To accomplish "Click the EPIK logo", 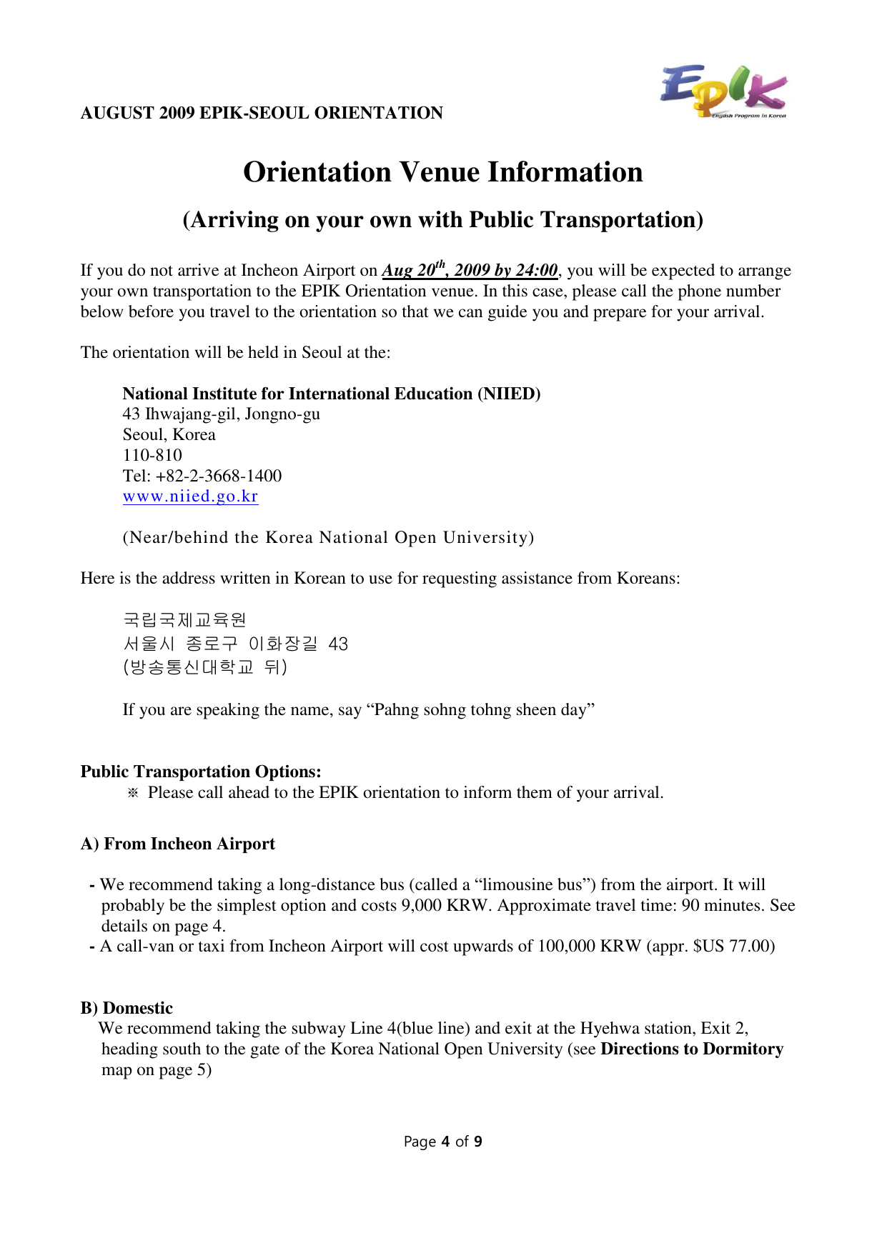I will tap(723, 91).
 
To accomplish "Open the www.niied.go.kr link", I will tap(190, 496).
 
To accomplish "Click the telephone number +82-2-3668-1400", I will tap(219, 476).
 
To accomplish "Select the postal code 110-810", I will tap(152, 455).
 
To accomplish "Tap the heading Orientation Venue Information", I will tap(443, 172).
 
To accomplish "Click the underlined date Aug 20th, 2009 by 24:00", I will tap(470, 270).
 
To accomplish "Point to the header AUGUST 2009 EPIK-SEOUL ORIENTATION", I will tap(262, 113).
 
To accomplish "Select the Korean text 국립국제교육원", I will tap(184, 619).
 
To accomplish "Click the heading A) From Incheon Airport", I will tap(177, 844).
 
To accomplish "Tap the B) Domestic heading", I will tap(127, 1008).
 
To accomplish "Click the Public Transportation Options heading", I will tap(201, 772).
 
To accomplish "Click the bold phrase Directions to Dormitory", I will tap(692, 1049).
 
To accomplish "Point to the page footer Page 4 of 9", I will tap(443, 1142).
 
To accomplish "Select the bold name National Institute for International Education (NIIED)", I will tap(332, 394).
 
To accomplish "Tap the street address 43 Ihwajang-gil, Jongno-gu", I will tap(222, 414).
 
